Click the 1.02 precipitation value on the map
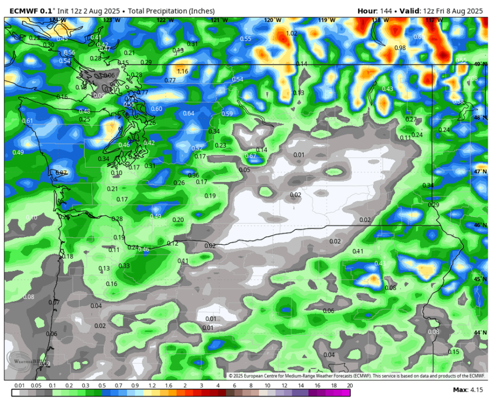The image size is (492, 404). [x=291, y=33]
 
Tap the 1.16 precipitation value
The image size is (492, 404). [x=182, y=71]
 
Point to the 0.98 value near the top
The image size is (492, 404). [x=400, y=48]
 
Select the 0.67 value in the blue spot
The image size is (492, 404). [x=251, y=156]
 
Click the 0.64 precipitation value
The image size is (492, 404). [x=188, y=113]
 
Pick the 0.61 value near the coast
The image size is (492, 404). [x=27, y=121]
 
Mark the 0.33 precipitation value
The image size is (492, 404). [x=124, y=266]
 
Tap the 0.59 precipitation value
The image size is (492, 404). [x=227, y=114]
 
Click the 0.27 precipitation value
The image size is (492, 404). [x=411, y=119]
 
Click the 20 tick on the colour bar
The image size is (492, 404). [x=349, y=386]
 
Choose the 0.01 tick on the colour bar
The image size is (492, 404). [x=20, y=386]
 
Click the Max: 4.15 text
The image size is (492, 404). [x=467, y=389]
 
